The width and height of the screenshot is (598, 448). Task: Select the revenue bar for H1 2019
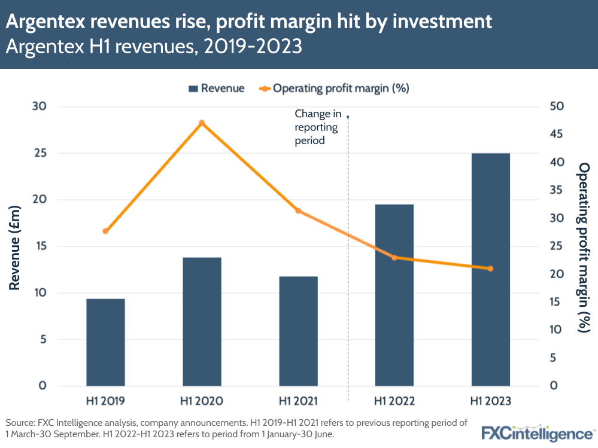point(105,342)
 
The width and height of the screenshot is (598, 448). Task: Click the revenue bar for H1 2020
point(202,321)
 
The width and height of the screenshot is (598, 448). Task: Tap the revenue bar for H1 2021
point(298,331)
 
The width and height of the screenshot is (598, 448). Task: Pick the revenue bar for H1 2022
point(394,295)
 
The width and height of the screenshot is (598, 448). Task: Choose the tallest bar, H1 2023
point(490,269)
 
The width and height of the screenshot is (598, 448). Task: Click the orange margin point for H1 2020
point(202,123)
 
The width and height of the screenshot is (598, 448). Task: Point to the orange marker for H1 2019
point(105,231)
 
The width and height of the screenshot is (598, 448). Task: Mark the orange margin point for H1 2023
point(490,269)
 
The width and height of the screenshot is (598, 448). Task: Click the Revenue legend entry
point(216,89)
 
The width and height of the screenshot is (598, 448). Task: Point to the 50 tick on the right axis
point(555,106)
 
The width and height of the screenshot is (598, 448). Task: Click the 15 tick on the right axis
point(555,302)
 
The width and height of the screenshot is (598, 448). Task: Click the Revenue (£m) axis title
point(16,246)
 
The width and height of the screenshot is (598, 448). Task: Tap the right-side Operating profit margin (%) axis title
point(583,246)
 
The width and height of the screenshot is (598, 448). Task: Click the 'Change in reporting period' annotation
point(317,127)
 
